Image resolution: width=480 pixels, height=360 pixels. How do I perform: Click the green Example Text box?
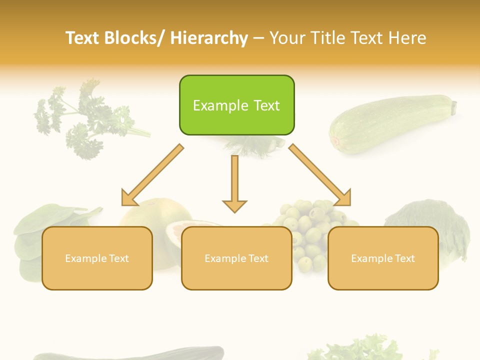236,105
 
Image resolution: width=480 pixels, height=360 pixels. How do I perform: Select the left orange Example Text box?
97,258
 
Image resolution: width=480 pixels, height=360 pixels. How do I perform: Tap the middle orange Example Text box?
236,258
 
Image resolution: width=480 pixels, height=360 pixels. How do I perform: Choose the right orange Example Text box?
383,258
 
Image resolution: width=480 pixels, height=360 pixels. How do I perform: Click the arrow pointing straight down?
234,185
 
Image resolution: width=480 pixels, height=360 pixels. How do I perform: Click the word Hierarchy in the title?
209,38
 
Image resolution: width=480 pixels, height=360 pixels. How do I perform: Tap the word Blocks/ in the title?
134,38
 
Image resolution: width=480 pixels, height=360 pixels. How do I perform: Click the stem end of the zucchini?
453,106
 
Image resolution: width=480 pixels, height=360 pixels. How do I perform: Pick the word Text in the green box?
261,105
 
